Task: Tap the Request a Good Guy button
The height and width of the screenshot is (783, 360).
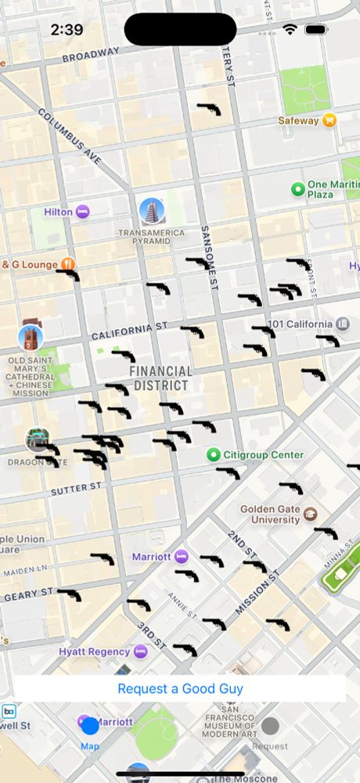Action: (180, 689)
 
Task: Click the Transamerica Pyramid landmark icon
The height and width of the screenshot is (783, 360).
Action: (151, 210)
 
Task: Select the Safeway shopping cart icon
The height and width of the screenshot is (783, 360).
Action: (330, 121)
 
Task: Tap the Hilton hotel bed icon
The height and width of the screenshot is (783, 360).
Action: (82, 212)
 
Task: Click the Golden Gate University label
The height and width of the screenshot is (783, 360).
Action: (270, 514)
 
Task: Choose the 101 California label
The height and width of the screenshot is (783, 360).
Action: (300, 324)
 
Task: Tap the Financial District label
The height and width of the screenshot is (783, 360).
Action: (160, 378)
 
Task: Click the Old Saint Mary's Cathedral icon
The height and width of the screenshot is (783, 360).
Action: (31, 337)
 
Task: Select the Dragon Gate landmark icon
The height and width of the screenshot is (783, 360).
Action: (37, 439)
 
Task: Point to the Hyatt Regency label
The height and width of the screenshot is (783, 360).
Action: (94, 651)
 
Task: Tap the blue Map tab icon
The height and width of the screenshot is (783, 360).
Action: (90, 726)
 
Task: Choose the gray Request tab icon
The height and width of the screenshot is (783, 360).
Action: (270, 726)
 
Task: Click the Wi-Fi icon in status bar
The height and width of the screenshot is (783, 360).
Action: (290, 29)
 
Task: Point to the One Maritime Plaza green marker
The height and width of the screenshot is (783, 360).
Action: (297, 189)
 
